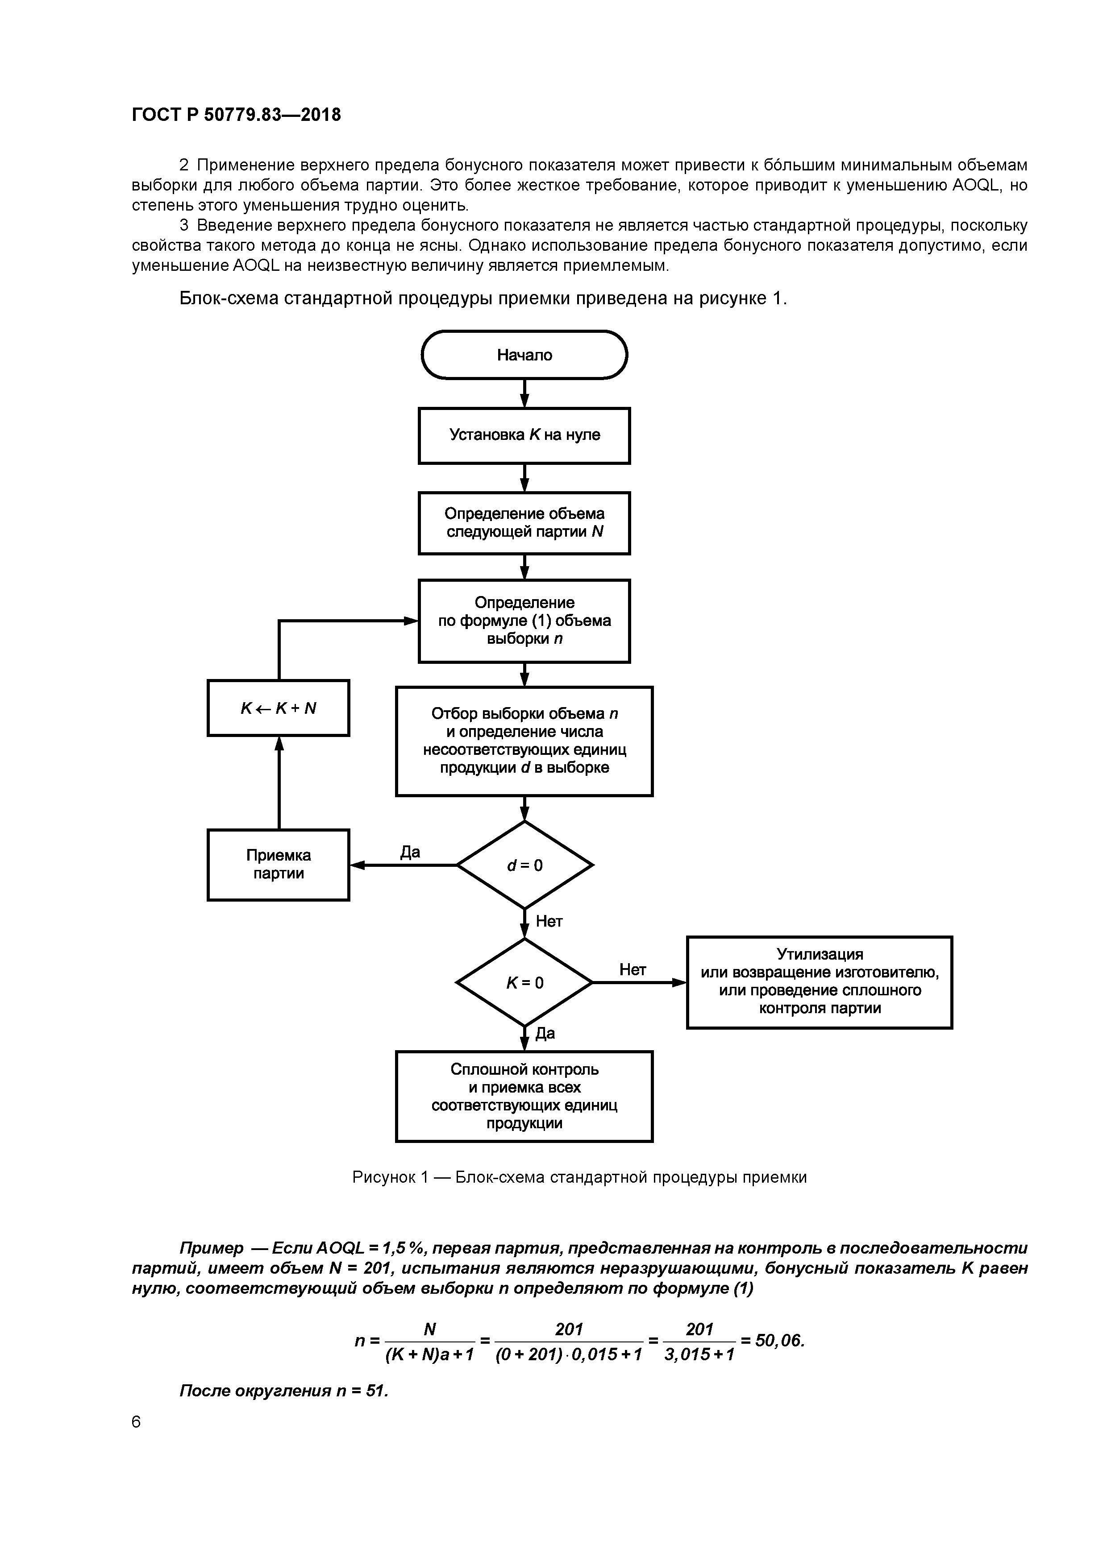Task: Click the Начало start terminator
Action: click(x=524, y=354)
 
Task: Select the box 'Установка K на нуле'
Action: click(x=524, y=435)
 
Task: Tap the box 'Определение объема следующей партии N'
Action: click(x=524, y=523)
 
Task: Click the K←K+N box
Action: click(x=278, y=708)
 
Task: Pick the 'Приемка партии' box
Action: click(x=278, y=864)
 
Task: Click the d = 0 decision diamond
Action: click(x=524, y=865)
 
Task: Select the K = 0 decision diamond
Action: click(x=524, y=982)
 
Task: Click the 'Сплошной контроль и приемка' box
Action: click(x=524, y=1096)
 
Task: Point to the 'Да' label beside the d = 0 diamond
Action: click(x=410, y=852)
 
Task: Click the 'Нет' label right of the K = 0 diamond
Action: click(x=632, y=969)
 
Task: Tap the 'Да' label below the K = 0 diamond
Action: click(x=545, y=1033)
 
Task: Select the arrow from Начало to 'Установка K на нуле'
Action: click(x=524, y=393)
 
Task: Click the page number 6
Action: click(x=137, y=1422)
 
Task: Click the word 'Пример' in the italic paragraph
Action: click(x=212, y=1248)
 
